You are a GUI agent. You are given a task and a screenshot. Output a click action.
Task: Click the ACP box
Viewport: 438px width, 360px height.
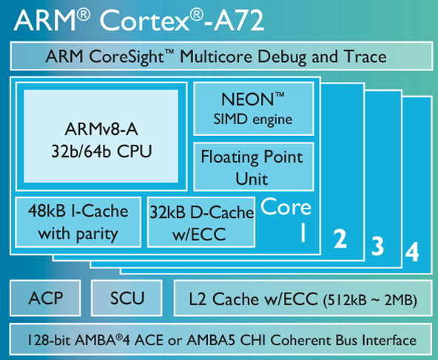[45, 298]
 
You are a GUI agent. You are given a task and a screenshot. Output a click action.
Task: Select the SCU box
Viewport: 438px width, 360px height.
[127, 298]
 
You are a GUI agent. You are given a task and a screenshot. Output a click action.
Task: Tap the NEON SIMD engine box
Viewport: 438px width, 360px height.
[254, 109]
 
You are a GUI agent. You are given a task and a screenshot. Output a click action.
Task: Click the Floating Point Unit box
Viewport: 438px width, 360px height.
[254, 167]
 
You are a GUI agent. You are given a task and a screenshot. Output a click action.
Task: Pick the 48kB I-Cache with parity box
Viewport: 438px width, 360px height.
[78, 223]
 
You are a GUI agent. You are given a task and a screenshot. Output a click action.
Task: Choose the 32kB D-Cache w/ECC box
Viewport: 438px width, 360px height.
[201, 223]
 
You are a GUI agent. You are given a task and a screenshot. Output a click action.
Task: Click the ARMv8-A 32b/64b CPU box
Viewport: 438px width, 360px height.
[101, 137]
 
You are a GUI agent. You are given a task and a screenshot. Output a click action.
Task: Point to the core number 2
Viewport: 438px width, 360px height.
[340, 239]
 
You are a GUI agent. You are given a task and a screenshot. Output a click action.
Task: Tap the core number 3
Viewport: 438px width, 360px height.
[377, 245]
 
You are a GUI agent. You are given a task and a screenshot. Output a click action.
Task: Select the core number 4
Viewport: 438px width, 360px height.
[412, 252]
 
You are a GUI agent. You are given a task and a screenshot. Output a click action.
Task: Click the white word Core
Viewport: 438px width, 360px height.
[286, 207]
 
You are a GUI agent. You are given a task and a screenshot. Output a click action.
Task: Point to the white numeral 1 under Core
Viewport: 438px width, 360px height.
[303, 233]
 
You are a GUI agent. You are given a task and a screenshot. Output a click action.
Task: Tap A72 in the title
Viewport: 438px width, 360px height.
[239, 20]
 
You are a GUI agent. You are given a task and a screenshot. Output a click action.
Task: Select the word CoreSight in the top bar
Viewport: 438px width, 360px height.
[127, 57]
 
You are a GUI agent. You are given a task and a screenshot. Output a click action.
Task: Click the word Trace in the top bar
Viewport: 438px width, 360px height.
[365, 56]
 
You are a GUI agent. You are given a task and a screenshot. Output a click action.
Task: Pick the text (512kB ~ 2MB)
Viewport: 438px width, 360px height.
[370, 299]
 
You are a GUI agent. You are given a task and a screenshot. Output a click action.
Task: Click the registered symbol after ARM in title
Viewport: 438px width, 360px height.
[84, 15]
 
